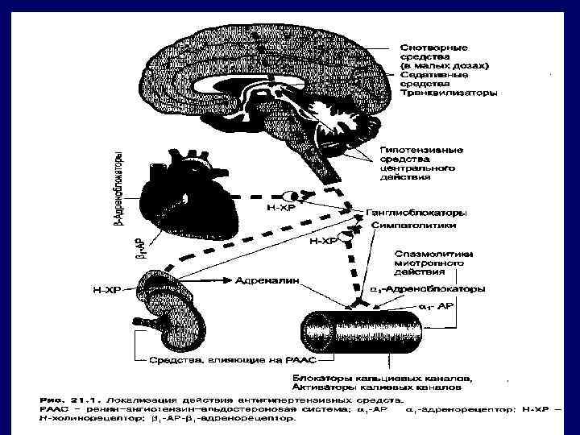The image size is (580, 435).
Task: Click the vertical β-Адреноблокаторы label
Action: pyautogui.click(x=118, y=184)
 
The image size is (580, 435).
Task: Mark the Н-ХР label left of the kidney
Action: pyautogui.click(x=107, y=290)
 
